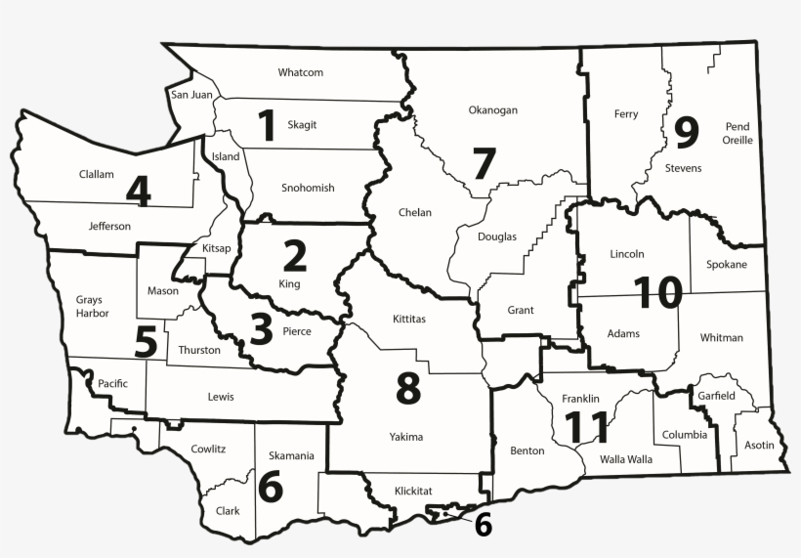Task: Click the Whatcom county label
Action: pyautogui.click(x=300, y=72)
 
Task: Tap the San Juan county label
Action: pyautogui.click(x=190, y=95)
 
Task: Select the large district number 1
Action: pyautogui.click(x=266, y=127)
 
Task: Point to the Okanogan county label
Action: pyautogui.click(x=492, y=110)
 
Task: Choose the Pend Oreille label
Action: pyautogui.click(x=738, y=134)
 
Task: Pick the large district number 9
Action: pyautogui.click(x=687, y=130)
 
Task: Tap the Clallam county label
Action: pyautogui.click(x=97, y=175)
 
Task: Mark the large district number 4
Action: pyautogui.click(x=138, y=191)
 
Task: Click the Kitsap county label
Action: pyautogui.click(x=217, y=248)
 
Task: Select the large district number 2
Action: pyautogui.click(x=294, y=255)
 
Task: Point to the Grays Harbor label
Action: pyautogui.click(x=92, y=307)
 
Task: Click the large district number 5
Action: pyautogui.click(x=146, y=342)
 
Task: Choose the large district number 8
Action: pyautogui.click(x=407, y=389)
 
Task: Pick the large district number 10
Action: pyautogui.click(x=656, y=291)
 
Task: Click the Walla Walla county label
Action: pyautogui.click(x=626, y=458)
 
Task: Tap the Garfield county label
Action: pyautogui.click(x=718, y=396)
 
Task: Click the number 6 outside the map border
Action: pyautogui.click(x=483, y=526)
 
